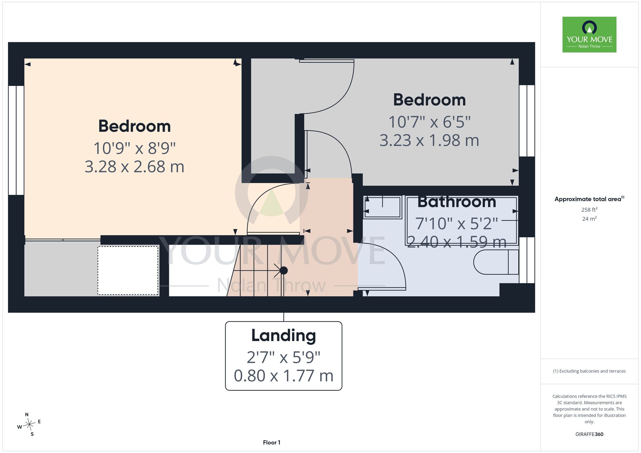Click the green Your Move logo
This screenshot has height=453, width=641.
(589, 35)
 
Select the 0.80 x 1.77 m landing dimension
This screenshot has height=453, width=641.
(284, 376)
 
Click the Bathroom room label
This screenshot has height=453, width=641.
(457, 202)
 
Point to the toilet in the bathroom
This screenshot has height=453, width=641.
(496, 262)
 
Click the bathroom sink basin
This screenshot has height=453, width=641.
(383, 207)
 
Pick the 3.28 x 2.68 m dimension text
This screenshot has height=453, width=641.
(134, 167)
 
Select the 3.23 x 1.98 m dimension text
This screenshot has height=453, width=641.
(429, 140)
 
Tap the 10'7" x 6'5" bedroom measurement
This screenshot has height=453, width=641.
(429, 122)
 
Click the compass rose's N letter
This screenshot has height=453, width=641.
(27, 415)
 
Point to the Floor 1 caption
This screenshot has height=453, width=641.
(271, 442)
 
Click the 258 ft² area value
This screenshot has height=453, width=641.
(589, 210)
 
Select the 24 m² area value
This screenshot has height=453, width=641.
(589, 219)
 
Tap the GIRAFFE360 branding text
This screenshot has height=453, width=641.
(589, 434)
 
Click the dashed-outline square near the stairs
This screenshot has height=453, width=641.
(128, 270)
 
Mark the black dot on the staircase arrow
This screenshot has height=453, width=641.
(284, 270)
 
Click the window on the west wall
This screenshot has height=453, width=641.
(16, 140)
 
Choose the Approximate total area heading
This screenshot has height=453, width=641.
(589, 199)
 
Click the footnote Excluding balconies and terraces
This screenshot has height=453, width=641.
(589, 371)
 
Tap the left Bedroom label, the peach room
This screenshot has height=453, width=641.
(134, 126)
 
